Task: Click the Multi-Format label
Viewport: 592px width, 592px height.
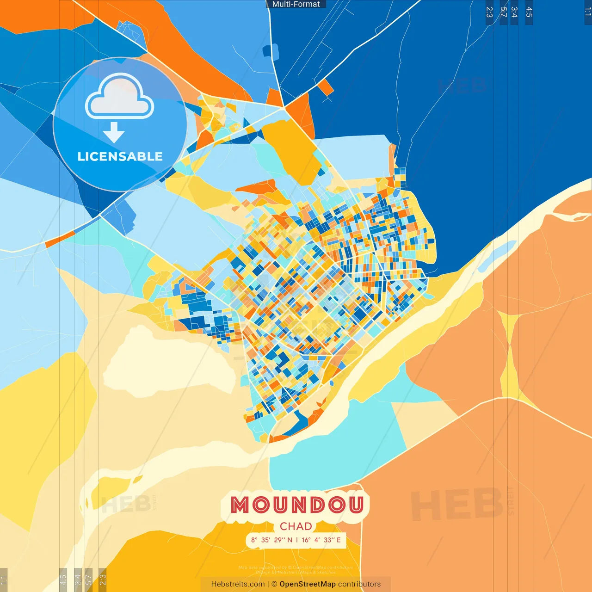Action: [x=296, y=4]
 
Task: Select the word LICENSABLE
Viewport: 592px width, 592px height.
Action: [x=120, y=157]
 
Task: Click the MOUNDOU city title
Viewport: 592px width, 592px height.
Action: [x=296, y=505]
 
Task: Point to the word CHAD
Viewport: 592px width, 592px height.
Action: [x=296, y=526]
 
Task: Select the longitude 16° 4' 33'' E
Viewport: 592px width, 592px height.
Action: [x=321, y=540]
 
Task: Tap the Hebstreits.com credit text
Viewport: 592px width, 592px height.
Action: [x=238, y=584]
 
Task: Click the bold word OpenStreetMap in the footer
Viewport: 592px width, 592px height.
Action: [x=308, y=584]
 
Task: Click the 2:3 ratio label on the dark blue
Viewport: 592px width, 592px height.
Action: [x=489, y=12]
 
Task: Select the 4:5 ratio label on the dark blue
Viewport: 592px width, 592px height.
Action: [x=529, y=12]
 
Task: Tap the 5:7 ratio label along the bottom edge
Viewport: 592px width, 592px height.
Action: [x=88, y=579]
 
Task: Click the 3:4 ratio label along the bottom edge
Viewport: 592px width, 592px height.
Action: [x=78, y=579]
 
